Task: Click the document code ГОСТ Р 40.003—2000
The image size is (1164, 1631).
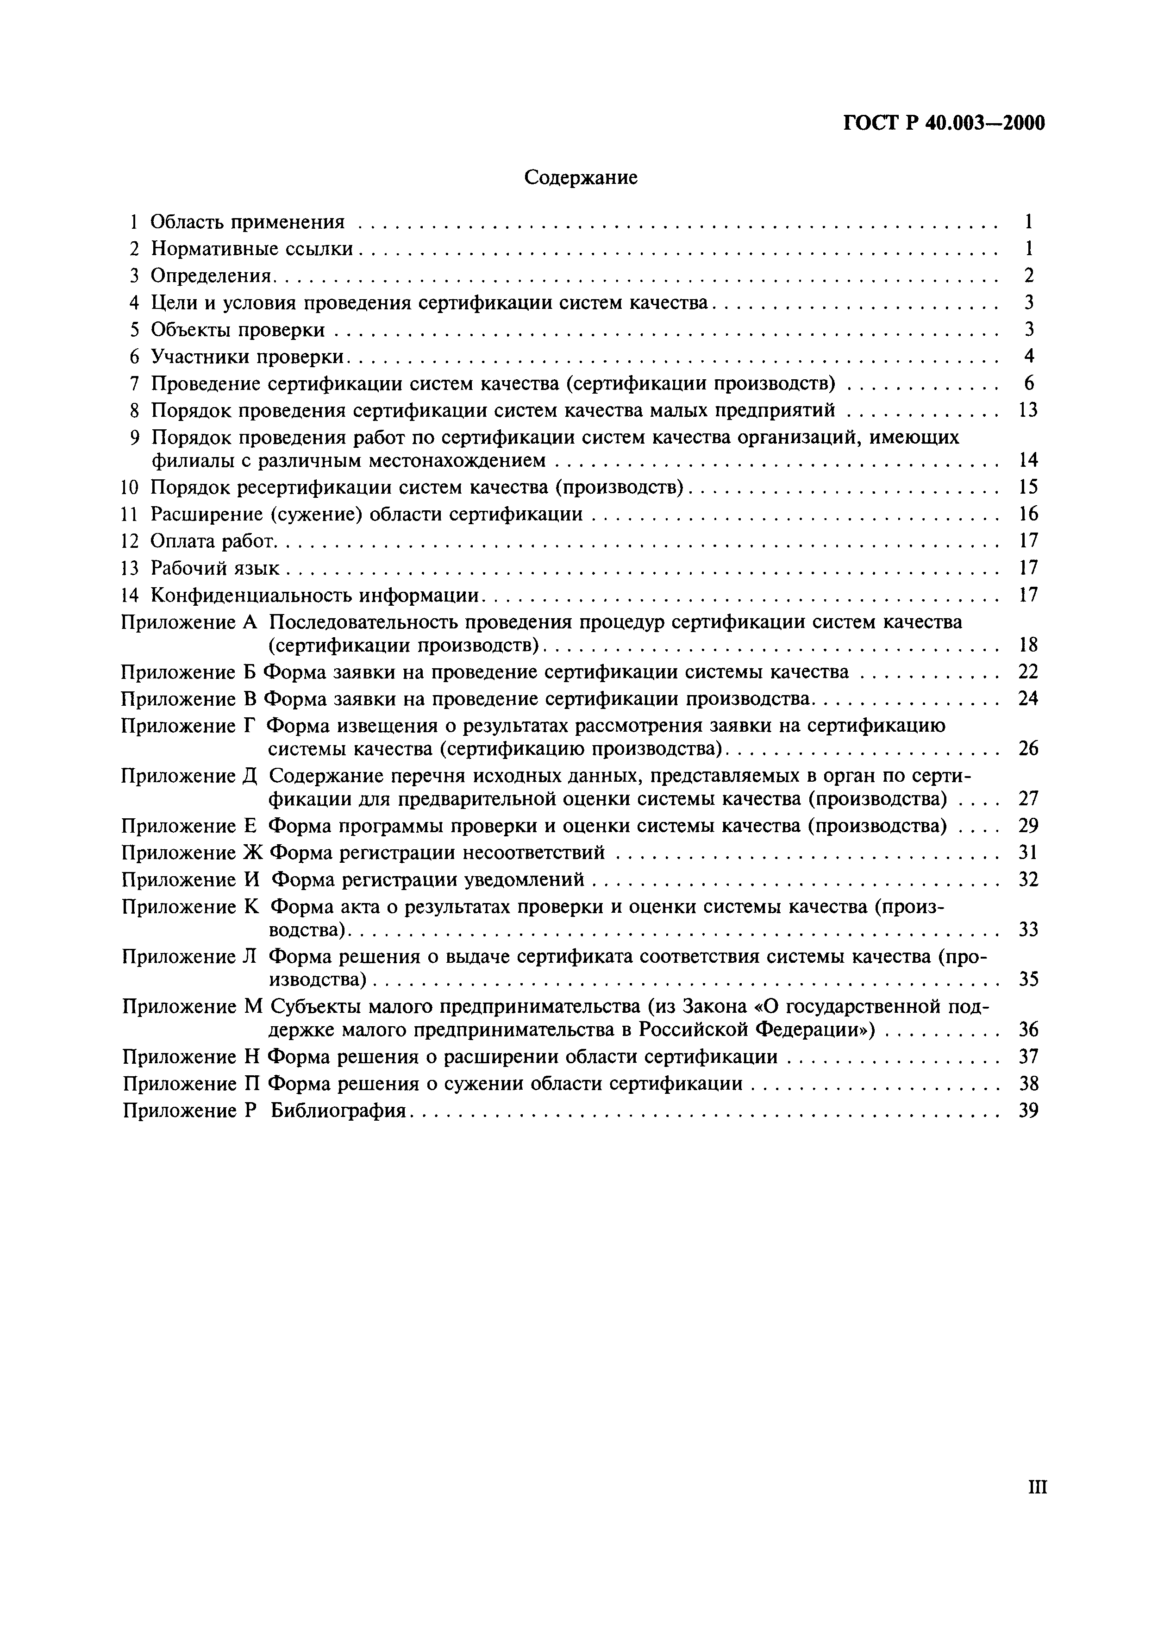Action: tap(943, 123)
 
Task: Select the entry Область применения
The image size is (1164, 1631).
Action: tap(247, 222)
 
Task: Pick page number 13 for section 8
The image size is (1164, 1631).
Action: tap(1028, 411)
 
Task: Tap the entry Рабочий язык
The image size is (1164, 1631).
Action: tap(214, 568)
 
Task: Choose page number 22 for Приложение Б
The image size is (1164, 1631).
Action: tap(1028, 672)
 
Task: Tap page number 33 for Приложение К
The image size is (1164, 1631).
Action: tap(1028, 930)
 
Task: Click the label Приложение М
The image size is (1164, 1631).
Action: tap(194, 1007)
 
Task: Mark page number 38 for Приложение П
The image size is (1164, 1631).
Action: tap(1028, 1083)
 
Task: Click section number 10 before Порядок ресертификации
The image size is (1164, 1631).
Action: tap(130, 488)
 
